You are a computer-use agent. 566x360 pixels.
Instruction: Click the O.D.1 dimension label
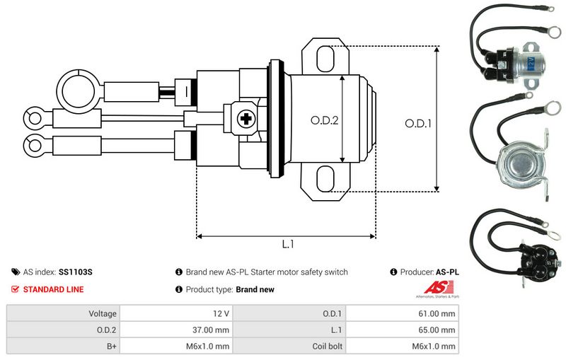[x=418, y=122]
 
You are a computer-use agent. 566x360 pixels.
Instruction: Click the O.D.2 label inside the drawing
[x=325, y=120]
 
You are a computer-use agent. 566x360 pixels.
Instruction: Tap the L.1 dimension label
[x=287, y=245]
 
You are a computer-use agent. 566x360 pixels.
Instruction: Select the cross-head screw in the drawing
[x=247, y=119]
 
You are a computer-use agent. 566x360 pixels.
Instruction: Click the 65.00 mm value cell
[x=401, y=330]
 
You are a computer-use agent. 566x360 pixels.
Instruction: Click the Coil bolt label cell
[x=289, y=346]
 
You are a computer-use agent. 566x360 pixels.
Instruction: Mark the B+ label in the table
[x=63, y=346]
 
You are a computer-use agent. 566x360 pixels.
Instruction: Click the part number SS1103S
[x=76, y=272]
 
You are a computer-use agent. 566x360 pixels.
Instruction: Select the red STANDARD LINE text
[x=53, y=289]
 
